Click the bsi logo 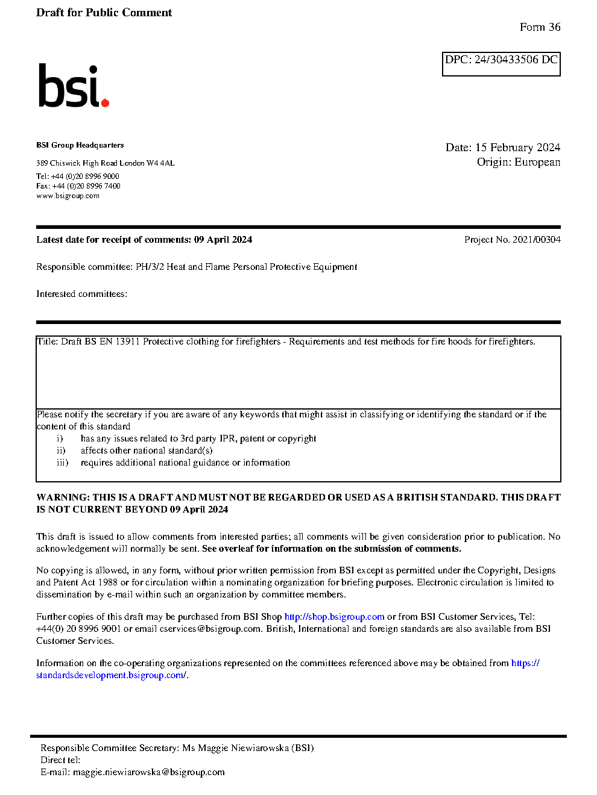[73, 86]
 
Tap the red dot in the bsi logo [105, 103]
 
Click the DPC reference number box [501, 64]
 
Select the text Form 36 [540, 27]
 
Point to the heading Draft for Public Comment [104, 13]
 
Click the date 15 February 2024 [517, 148]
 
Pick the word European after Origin [537, 162]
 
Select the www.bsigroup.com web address [68, 196]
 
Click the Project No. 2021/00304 [512, 240]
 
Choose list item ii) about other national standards [146, 450]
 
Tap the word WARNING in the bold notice [63, 497]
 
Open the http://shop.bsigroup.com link [334, 617]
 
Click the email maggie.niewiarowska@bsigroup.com [148, 772]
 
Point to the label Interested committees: [81, 294]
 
